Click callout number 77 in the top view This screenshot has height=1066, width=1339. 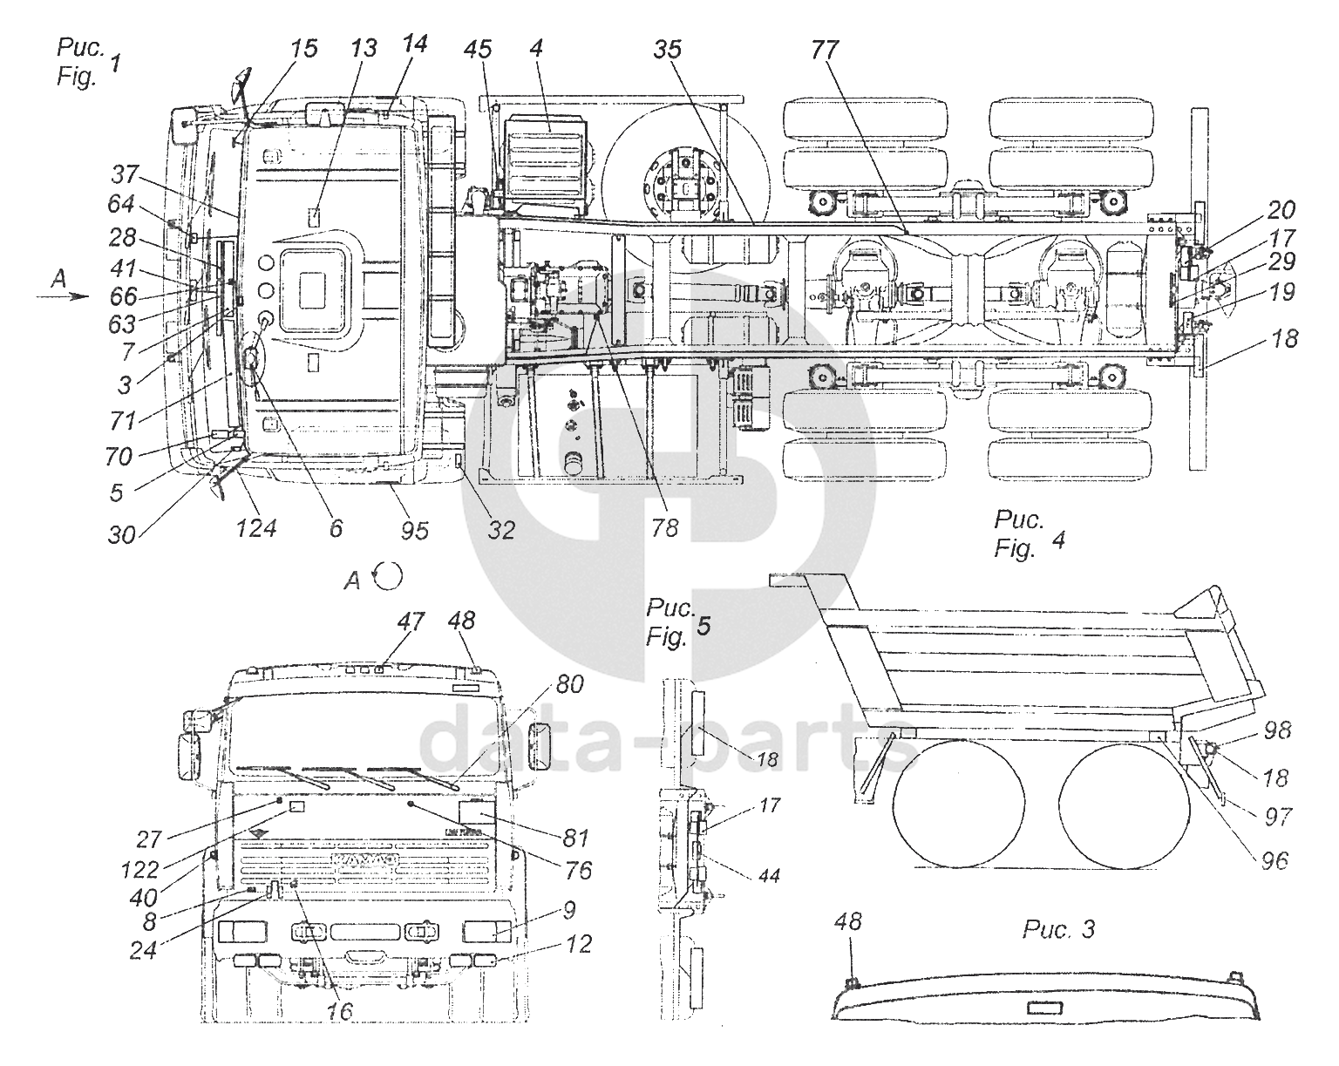(826, 50)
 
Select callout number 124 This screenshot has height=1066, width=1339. (256, 528)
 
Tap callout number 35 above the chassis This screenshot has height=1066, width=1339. (668, 50)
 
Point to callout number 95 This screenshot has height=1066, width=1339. (414, 531)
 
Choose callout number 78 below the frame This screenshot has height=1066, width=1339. (664, 528)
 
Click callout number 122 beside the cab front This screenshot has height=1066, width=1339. (140, 869)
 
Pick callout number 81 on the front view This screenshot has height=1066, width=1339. (575, 839)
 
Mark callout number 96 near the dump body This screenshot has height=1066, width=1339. (1274, 860)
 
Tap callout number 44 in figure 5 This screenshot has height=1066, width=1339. (769, 876)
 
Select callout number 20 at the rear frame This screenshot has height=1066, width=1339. (1281, 210)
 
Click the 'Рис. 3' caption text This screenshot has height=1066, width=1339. (1058, 930)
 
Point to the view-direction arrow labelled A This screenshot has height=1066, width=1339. (62, 297)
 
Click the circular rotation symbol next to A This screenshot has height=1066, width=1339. (388, 576)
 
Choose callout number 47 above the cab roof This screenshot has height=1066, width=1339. (411, 621)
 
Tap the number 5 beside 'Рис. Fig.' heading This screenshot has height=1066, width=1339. (703, 626)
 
